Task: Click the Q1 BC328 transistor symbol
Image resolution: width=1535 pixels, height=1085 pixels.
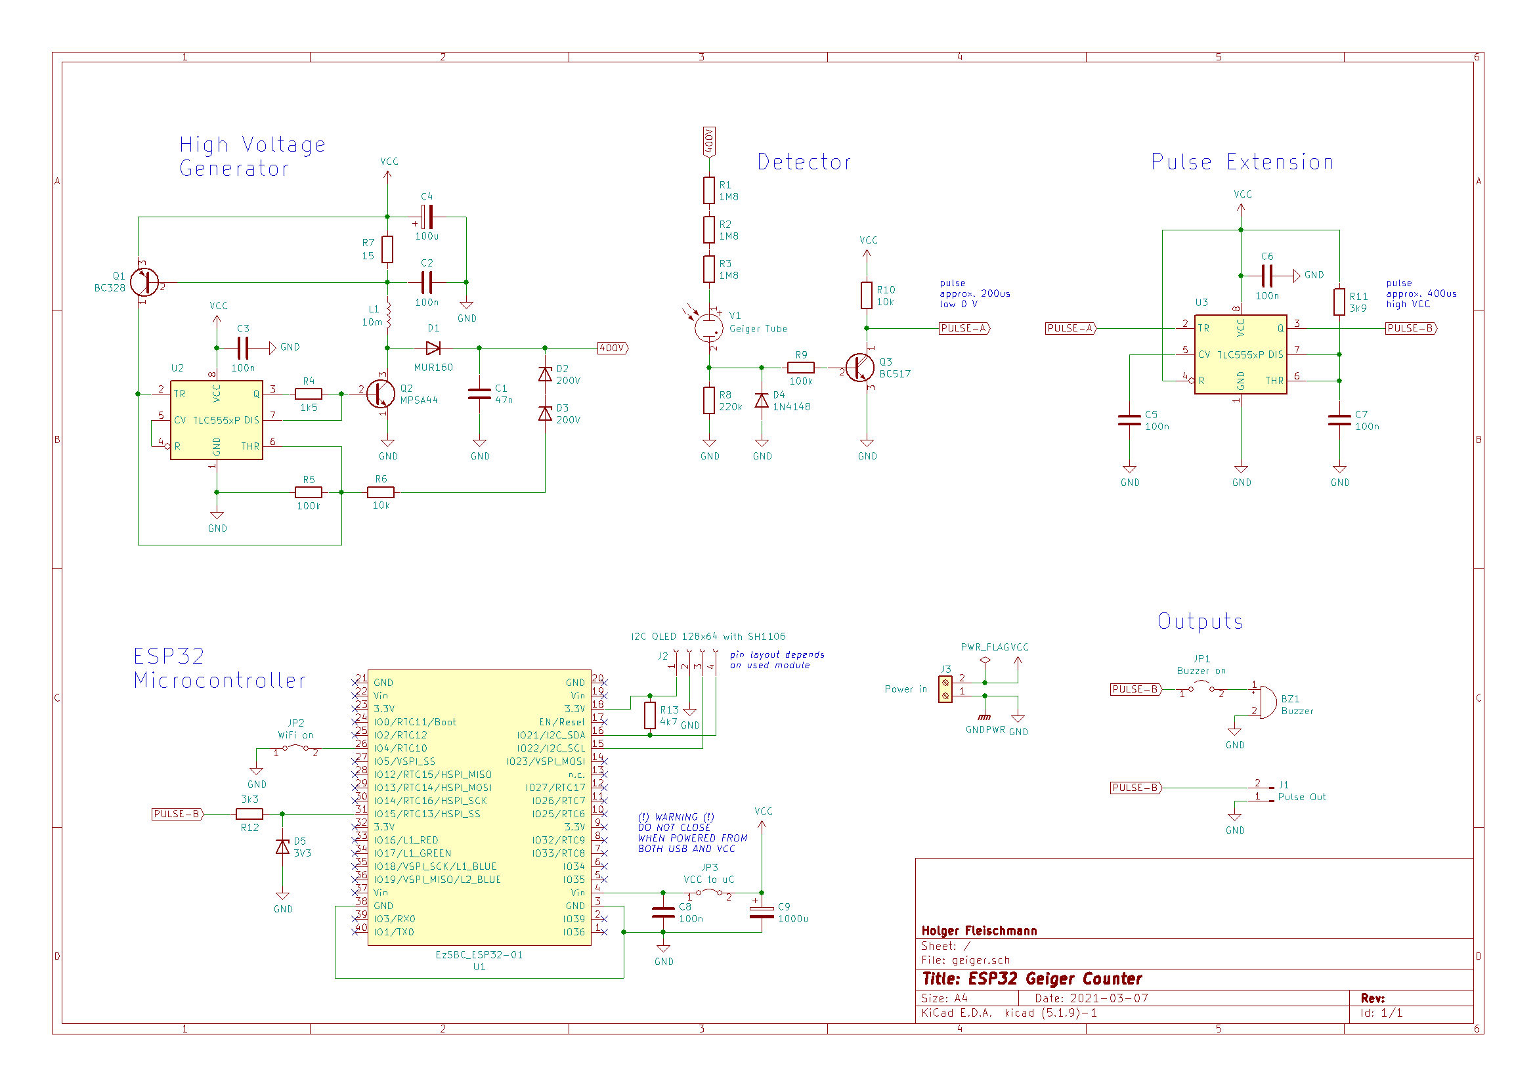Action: coord(144,282)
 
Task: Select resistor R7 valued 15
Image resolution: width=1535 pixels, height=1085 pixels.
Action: coord(387,249)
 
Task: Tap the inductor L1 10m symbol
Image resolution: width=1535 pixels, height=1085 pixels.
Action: coord(388,315)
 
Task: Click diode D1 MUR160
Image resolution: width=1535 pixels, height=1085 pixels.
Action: coord(433,348)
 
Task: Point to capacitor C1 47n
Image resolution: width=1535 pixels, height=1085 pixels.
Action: coord(479,394)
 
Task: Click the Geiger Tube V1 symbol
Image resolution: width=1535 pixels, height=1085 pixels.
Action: coord(708,328)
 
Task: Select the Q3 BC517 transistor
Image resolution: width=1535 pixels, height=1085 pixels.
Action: coord(860,367)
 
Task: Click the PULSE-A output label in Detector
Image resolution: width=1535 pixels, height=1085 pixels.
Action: coord(963,328)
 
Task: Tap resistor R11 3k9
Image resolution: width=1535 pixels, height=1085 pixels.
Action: coord(1339,301)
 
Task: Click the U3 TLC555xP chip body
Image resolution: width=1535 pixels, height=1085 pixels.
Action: coord(1240,354)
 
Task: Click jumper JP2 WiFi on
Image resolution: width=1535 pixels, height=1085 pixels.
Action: coord(295,748)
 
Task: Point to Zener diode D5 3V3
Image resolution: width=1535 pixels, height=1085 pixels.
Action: coord(283,847)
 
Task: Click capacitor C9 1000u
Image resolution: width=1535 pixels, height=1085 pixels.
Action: coord(762,912)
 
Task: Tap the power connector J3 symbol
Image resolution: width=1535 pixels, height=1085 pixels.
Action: coord(945,689)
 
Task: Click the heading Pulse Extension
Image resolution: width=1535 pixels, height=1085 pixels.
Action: coord(1242,161)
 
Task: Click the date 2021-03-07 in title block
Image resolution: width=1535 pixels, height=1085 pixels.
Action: coord(1109,998)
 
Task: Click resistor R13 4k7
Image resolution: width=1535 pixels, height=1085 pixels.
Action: coord(649,715)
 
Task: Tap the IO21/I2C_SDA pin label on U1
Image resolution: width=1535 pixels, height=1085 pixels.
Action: coord(550,734)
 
